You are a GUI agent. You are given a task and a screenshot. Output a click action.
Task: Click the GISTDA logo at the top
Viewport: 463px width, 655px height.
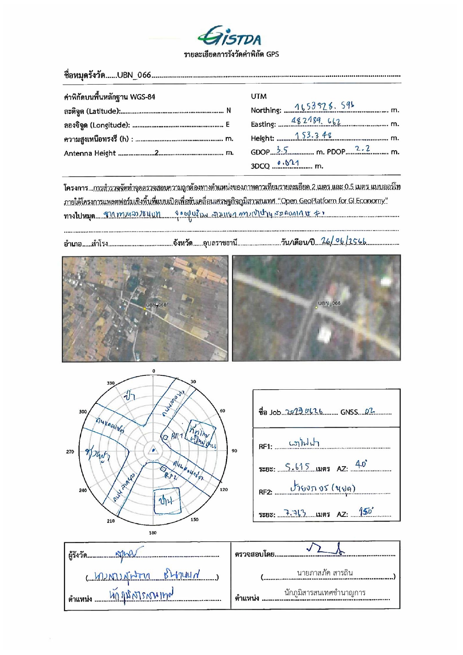point(230,36)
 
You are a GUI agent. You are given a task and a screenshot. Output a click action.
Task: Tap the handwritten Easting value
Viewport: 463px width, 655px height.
point(316,121)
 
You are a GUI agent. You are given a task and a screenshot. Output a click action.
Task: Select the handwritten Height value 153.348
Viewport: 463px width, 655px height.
point(313,135)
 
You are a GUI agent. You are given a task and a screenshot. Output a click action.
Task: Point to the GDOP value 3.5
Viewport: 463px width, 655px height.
point(282,150)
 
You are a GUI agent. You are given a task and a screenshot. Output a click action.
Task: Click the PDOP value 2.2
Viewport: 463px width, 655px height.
point(362,149)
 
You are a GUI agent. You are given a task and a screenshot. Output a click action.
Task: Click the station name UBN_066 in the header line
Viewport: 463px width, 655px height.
point(134,75)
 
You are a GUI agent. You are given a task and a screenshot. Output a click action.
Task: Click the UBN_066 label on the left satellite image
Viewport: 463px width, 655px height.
point(156,305)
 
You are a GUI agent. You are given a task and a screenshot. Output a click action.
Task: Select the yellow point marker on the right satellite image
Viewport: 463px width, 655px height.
point(316,308)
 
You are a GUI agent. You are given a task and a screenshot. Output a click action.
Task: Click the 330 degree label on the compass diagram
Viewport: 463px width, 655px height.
point(111,383)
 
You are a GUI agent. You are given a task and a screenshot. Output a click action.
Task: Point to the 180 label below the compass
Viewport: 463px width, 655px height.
point(153,533)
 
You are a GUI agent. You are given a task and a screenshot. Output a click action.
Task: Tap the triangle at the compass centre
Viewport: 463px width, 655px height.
point(153,450)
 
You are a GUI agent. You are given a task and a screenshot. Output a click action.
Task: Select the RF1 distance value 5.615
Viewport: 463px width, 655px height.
point(298,467)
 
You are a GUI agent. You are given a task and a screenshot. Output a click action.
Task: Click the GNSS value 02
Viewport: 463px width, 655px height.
point(369,412)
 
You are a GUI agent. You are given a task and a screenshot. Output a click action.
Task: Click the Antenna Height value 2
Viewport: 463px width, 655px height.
point(157,153)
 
